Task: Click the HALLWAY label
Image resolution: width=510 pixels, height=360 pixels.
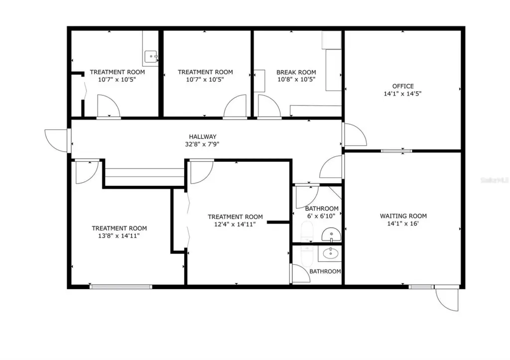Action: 203,136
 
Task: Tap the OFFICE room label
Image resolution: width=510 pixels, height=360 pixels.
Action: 403,86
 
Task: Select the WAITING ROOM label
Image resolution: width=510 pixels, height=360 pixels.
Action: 403,216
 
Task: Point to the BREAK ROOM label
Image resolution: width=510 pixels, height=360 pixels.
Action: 296,72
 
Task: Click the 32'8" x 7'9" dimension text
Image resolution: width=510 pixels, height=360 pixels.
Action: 202,144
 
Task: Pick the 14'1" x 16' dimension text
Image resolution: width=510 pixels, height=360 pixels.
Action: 402,224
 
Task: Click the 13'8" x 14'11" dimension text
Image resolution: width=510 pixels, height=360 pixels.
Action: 119,236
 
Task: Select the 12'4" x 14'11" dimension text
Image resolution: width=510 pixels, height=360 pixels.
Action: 235,224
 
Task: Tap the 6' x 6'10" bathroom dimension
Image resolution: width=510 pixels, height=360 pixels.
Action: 321,216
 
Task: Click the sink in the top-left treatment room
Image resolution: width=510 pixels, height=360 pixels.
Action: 150,56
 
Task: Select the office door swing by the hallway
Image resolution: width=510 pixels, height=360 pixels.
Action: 355,134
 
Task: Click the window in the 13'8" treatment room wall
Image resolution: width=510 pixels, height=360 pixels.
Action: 121,286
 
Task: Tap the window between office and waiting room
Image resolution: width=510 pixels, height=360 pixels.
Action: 396,151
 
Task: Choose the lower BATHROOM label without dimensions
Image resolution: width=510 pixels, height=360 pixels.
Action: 325,271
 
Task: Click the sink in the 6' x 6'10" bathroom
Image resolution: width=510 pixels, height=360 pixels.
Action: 331,235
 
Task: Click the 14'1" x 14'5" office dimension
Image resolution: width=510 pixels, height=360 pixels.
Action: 402,94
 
